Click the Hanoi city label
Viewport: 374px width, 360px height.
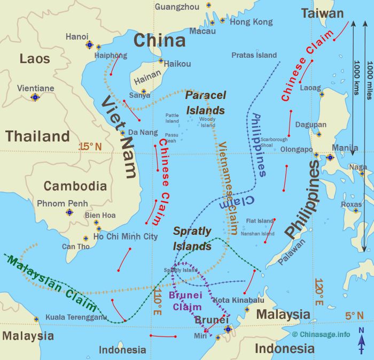pyautogui.click(x=76, y=36)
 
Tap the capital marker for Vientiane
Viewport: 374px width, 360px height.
pyautogui.click(x=35, y=97)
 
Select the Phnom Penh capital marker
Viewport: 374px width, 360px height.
pyautogui.click(x=69, y=212)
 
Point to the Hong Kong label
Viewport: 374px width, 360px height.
pyautogui.click(x=251, y=22)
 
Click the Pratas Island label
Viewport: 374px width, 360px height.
pyautogui.click(x=254, y=55)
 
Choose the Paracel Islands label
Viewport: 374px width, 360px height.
pyautogui.click(x=205, y=103)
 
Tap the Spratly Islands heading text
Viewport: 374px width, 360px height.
pyautogui.click(x=192, y=239)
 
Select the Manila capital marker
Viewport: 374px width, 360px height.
pyautogui.click(x=330, y=157)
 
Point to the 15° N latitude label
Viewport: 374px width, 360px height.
pyautogui.click(x=90, y=146)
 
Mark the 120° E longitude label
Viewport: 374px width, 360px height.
pyautogui.click(x=319, y=292)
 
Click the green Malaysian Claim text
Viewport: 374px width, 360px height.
pyautogui.click(x=52, y=284)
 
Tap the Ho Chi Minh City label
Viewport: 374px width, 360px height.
pyautogui.click(x=126, y=236)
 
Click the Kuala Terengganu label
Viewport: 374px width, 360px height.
pyautogui.click(x=76, y=317)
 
